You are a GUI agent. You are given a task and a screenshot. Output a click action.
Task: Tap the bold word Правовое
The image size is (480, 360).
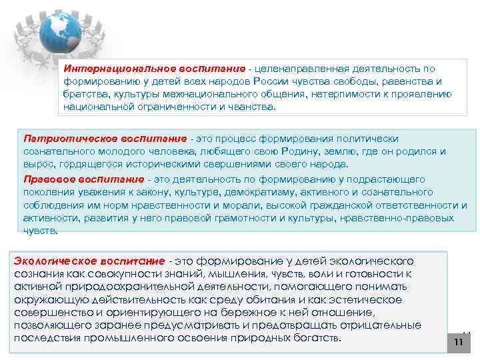tap(45, 179)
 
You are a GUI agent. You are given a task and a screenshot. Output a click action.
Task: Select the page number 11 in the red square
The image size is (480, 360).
tap(458, 342)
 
